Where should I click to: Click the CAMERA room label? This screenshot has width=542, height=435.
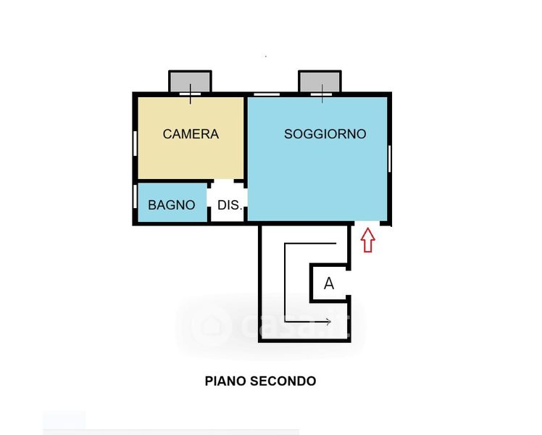click(x=191, y=134)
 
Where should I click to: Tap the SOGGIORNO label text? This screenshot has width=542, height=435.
click(x=325, y=134)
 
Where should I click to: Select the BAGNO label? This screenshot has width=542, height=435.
click(x=172, y=205)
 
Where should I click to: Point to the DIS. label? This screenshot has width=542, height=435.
click(x=229, y=205)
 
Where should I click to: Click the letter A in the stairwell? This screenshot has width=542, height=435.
click(x=329, y=284)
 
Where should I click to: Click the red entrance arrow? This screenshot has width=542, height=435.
click(x=367, y=240)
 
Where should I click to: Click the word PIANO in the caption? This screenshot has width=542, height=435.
click(x=225, y=381)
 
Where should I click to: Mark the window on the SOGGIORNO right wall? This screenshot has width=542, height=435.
click(x=390, y=158)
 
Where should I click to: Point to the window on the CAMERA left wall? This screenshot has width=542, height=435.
click(x=135, y=153)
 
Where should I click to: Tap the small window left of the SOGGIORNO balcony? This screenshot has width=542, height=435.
click(x=267, y=94)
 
